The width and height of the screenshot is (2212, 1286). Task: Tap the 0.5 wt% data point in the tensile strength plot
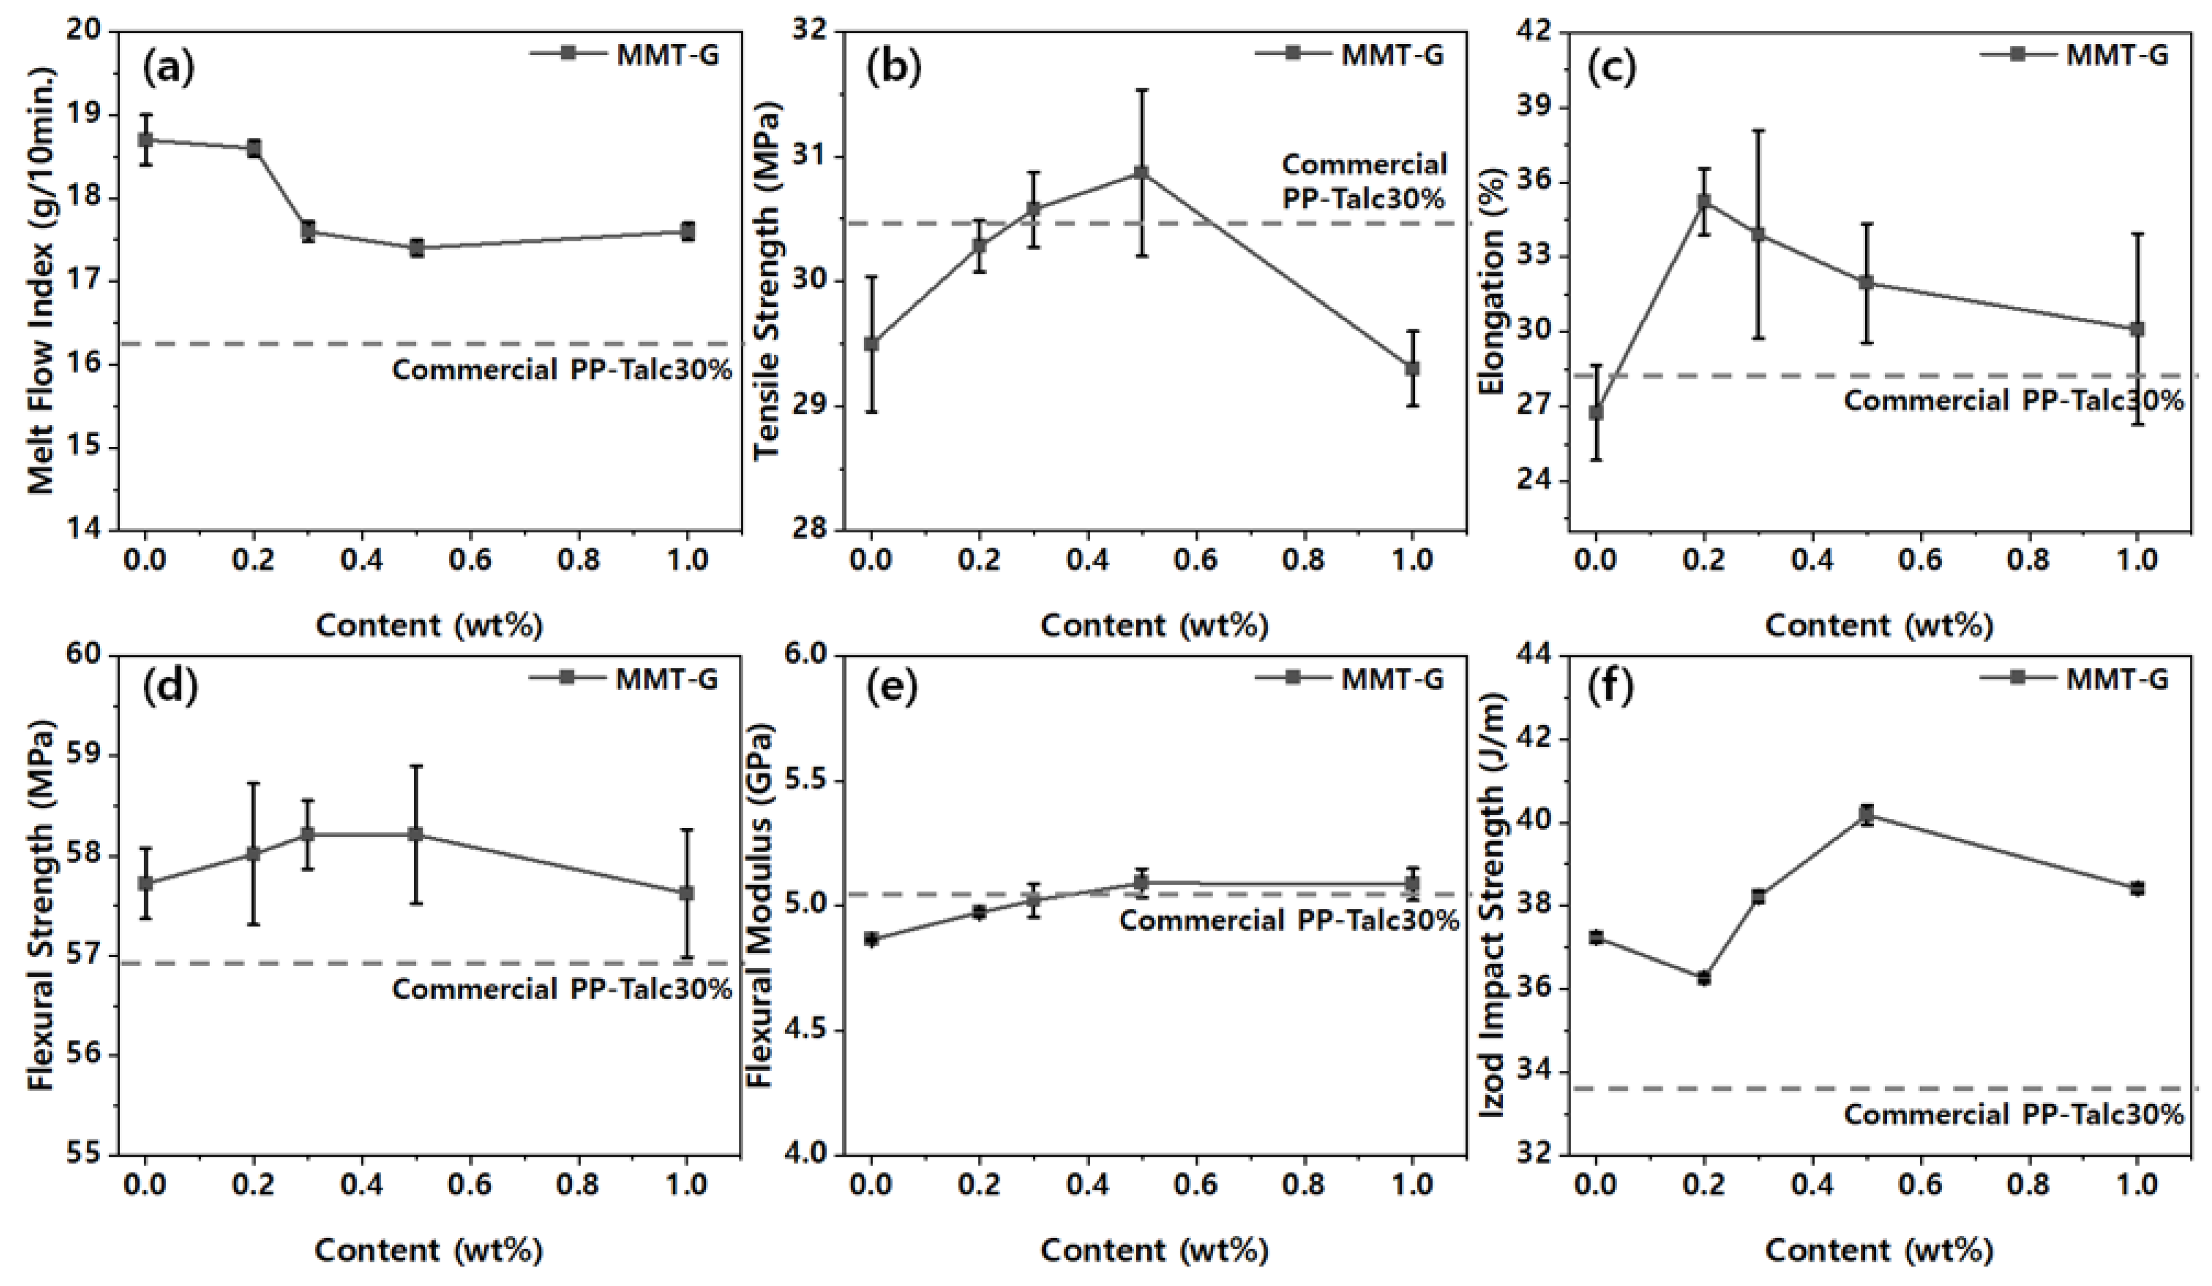pos(1141,173)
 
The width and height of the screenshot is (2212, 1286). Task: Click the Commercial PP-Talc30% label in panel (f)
pos(2013,1115)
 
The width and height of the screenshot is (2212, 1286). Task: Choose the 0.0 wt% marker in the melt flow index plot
pos(146,140)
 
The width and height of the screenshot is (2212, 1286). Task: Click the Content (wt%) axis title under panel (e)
pos(1154,1250)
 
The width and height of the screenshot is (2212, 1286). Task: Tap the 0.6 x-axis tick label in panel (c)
pos(1921,560)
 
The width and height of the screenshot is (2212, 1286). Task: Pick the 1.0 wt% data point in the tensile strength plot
pos(1412,369)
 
